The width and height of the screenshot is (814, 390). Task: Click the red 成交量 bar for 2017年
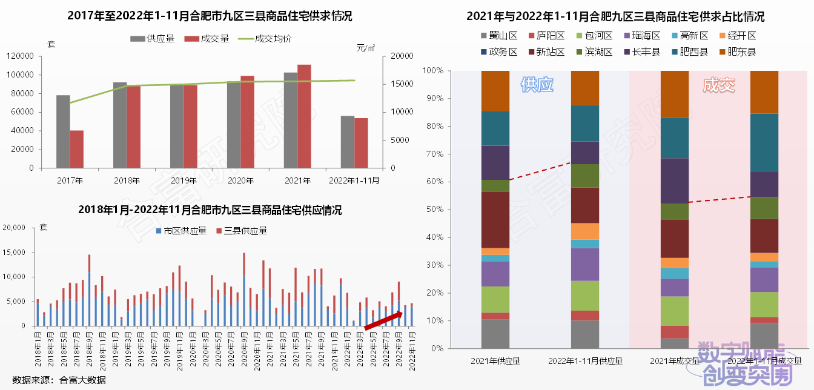77,149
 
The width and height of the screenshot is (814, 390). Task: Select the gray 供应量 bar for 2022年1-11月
348,142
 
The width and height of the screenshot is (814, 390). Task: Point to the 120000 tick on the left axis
21,56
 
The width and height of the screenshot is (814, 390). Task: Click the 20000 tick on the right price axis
402,56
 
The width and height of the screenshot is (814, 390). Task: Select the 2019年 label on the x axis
184,180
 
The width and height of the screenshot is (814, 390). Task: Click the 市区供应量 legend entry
182,231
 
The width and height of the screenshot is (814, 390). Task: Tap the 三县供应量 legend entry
242,231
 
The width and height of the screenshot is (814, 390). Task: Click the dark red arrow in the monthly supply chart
383,320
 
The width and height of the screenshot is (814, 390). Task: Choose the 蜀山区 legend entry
499,36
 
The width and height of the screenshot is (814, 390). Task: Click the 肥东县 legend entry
737,51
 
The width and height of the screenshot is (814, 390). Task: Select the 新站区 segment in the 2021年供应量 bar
495,220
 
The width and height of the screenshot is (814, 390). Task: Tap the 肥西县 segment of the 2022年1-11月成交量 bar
764,143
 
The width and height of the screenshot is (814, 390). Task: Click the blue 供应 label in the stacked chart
537,85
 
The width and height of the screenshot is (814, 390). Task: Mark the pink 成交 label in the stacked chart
719,85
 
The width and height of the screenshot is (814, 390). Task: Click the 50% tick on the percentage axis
435,210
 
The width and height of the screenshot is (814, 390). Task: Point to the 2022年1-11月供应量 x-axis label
586,361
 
